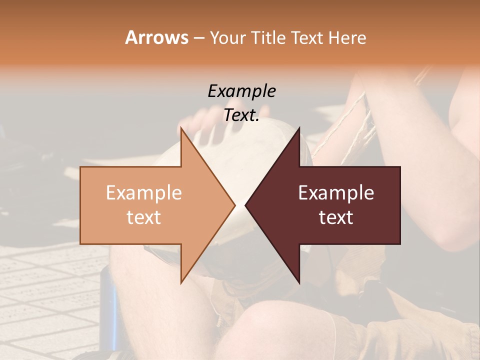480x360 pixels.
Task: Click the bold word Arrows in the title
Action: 156,37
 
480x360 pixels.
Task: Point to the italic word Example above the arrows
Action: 241,91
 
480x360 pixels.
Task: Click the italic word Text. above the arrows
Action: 241,115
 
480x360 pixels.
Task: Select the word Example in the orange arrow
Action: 144,192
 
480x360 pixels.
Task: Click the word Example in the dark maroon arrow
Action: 336,192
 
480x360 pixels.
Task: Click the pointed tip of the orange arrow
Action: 234,205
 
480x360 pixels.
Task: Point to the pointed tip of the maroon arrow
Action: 245,205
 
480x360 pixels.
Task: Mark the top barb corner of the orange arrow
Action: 181,128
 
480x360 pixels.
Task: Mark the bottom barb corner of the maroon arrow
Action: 299,283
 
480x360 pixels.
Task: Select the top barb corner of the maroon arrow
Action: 299,128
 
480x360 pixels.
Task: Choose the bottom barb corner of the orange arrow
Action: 181,283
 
